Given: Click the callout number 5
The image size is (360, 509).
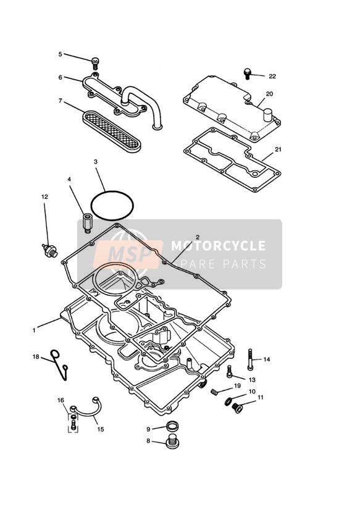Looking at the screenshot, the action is [60, 54].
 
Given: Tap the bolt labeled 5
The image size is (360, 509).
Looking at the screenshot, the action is [95, 62].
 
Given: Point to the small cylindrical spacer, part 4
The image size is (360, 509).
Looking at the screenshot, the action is [87, 222].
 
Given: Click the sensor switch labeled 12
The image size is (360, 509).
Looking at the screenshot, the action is [50, 251].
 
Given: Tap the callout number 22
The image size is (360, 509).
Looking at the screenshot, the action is [272, 76].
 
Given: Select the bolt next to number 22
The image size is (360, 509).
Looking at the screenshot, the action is [248, 74].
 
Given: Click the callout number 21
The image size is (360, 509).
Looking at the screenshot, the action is [278, 149].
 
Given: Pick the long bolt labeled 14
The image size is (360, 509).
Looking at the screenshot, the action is [250, 359].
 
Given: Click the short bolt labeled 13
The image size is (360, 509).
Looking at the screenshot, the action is [230, 371].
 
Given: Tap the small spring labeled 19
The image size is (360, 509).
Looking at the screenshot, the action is [214, 392].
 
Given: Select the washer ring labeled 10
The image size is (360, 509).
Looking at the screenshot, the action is [228, 402].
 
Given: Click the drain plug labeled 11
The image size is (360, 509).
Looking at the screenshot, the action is [237, 408].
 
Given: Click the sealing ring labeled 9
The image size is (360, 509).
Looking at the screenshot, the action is [172, 426].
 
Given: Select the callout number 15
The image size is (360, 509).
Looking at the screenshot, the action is [101, 429].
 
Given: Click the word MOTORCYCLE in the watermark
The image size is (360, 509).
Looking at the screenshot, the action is [218, 246].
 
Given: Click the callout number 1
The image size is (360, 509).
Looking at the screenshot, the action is [34, 330].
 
